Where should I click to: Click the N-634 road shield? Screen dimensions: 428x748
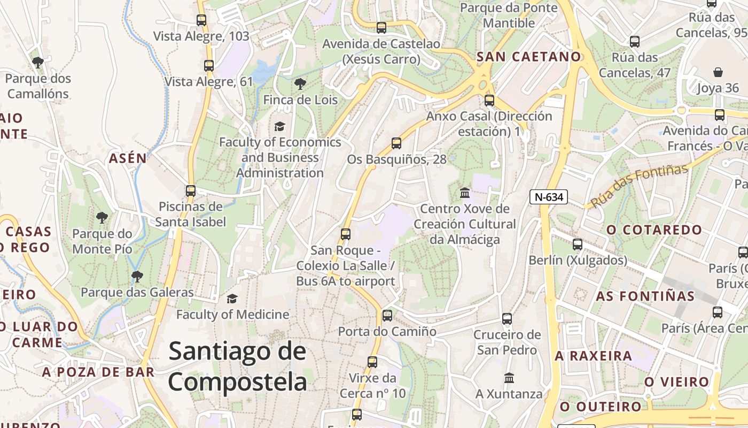point(549,197)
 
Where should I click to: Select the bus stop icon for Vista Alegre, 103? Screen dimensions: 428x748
point(201,20)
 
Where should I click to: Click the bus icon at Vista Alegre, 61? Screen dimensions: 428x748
point(209,66)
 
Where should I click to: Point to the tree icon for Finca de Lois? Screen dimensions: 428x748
point(300,84)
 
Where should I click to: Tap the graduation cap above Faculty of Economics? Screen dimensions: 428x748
point(279,126)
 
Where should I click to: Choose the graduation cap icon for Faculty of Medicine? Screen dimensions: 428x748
point(232,299)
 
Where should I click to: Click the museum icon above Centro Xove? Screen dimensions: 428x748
point(465,193)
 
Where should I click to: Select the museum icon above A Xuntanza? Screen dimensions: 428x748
point(509,378)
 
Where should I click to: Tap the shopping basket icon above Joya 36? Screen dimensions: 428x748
point(718,72)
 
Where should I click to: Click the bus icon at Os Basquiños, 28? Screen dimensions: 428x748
point(396,143)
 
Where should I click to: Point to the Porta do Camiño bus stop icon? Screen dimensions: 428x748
point(387,315)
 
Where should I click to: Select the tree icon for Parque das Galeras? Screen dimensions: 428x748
point(137,276)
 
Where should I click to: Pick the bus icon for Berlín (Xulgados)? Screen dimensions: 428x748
point(578,244)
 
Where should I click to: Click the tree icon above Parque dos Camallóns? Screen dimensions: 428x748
point(38,63)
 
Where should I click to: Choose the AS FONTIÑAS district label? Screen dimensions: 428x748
point(645,296)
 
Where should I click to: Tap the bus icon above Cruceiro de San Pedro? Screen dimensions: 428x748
point(507,319)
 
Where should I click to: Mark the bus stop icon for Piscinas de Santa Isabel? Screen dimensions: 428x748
point(191,190)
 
